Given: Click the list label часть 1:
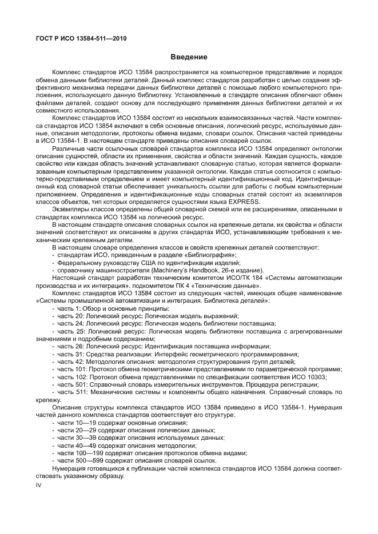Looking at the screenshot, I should click(x=69, y=308).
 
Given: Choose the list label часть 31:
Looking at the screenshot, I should click(x=71, y=354).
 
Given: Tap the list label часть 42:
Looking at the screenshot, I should click(x=71, y=361).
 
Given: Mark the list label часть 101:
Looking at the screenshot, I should click(x=73, y=369).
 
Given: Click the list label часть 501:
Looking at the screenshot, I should click(x=73, y=384).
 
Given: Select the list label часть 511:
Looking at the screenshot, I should click(x=73, y=392).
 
